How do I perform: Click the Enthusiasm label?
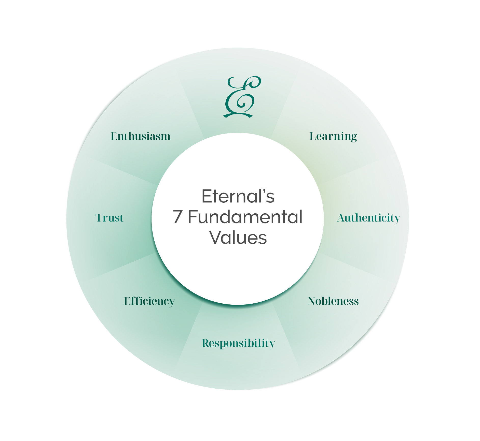point(141,136)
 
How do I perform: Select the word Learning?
point(333,137)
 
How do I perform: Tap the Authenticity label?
point(368,218)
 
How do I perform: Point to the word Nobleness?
point(333,301)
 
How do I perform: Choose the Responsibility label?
point(238,343)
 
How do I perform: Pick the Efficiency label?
point(149,302)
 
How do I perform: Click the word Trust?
point(109,218)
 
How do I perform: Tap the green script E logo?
point(242,97)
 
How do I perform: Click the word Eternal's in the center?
point(238,196)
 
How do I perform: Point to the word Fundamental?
point(245,217)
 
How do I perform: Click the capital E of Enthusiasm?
point(114,136)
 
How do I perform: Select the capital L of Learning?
point(313,136)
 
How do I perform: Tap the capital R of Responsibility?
point(206,343)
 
